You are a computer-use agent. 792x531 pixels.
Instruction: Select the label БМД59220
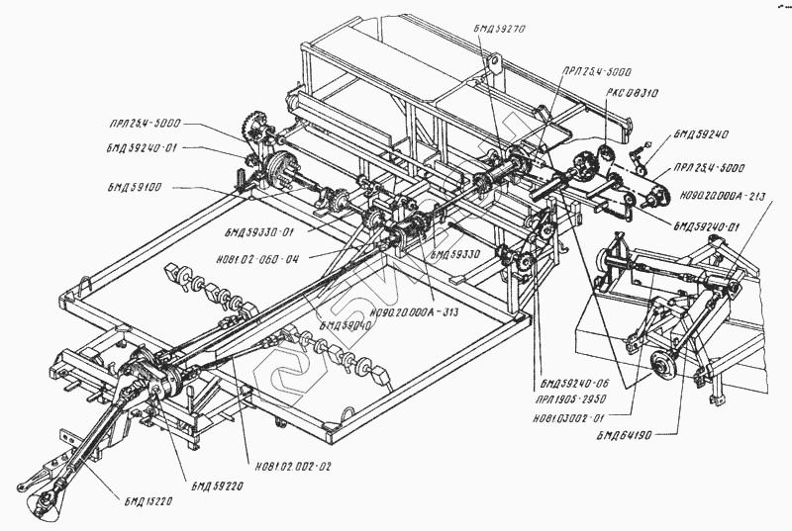[x=217, y=485]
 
